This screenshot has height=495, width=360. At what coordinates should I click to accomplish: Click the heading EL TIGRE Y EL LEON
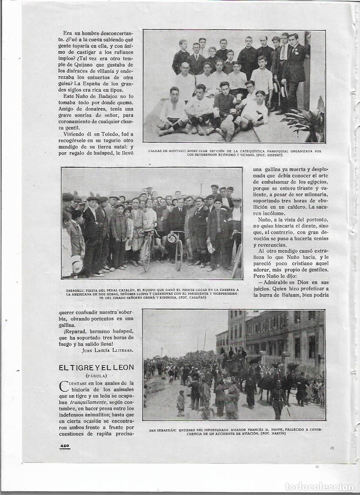click(x=97, y=368)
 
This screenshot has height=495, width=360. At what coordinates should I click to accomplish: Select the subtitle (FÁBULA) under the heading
click(x=97, y=376)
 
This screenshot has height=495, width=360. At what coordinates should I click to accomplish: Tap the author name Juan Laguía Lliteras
click(x=108, y=350)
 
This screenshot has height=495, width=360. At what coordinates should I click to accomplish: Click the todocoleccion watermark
click(x=319, y=486)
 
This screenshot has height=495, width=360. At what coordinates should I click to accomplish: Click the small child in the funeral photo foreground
click(x=181, y=402)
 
